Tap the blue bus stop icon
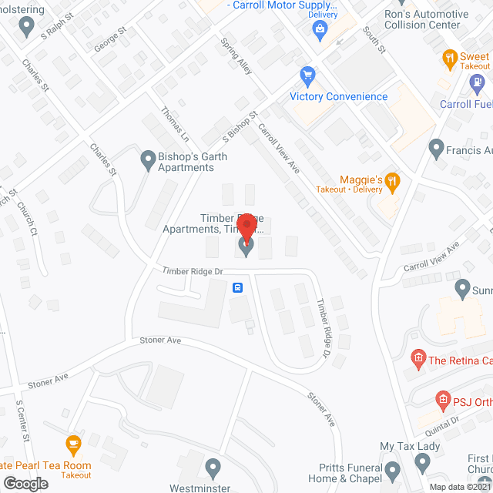coord(239,288)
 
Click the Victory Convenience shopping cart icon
coord(308,76)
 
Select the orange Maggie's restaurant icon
coord(392,182)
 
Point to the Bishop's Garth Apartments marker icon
coord(147,161)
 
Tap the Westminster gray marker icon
coord(214,467)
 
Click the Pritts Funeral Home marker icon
coord(393,469)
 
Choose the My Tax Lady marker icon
coord(422,462)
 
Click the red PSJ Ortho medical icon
coord(443,399)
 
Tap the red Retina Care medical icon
coord(418,357)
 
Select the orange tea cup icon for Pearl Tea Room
coord(73,444)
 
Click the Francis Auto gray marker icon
coord(436,146)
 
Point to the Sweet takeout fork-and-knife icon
coord(449,57)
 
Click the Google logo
coord(25,482)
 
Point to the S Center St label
coord(23,421)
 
